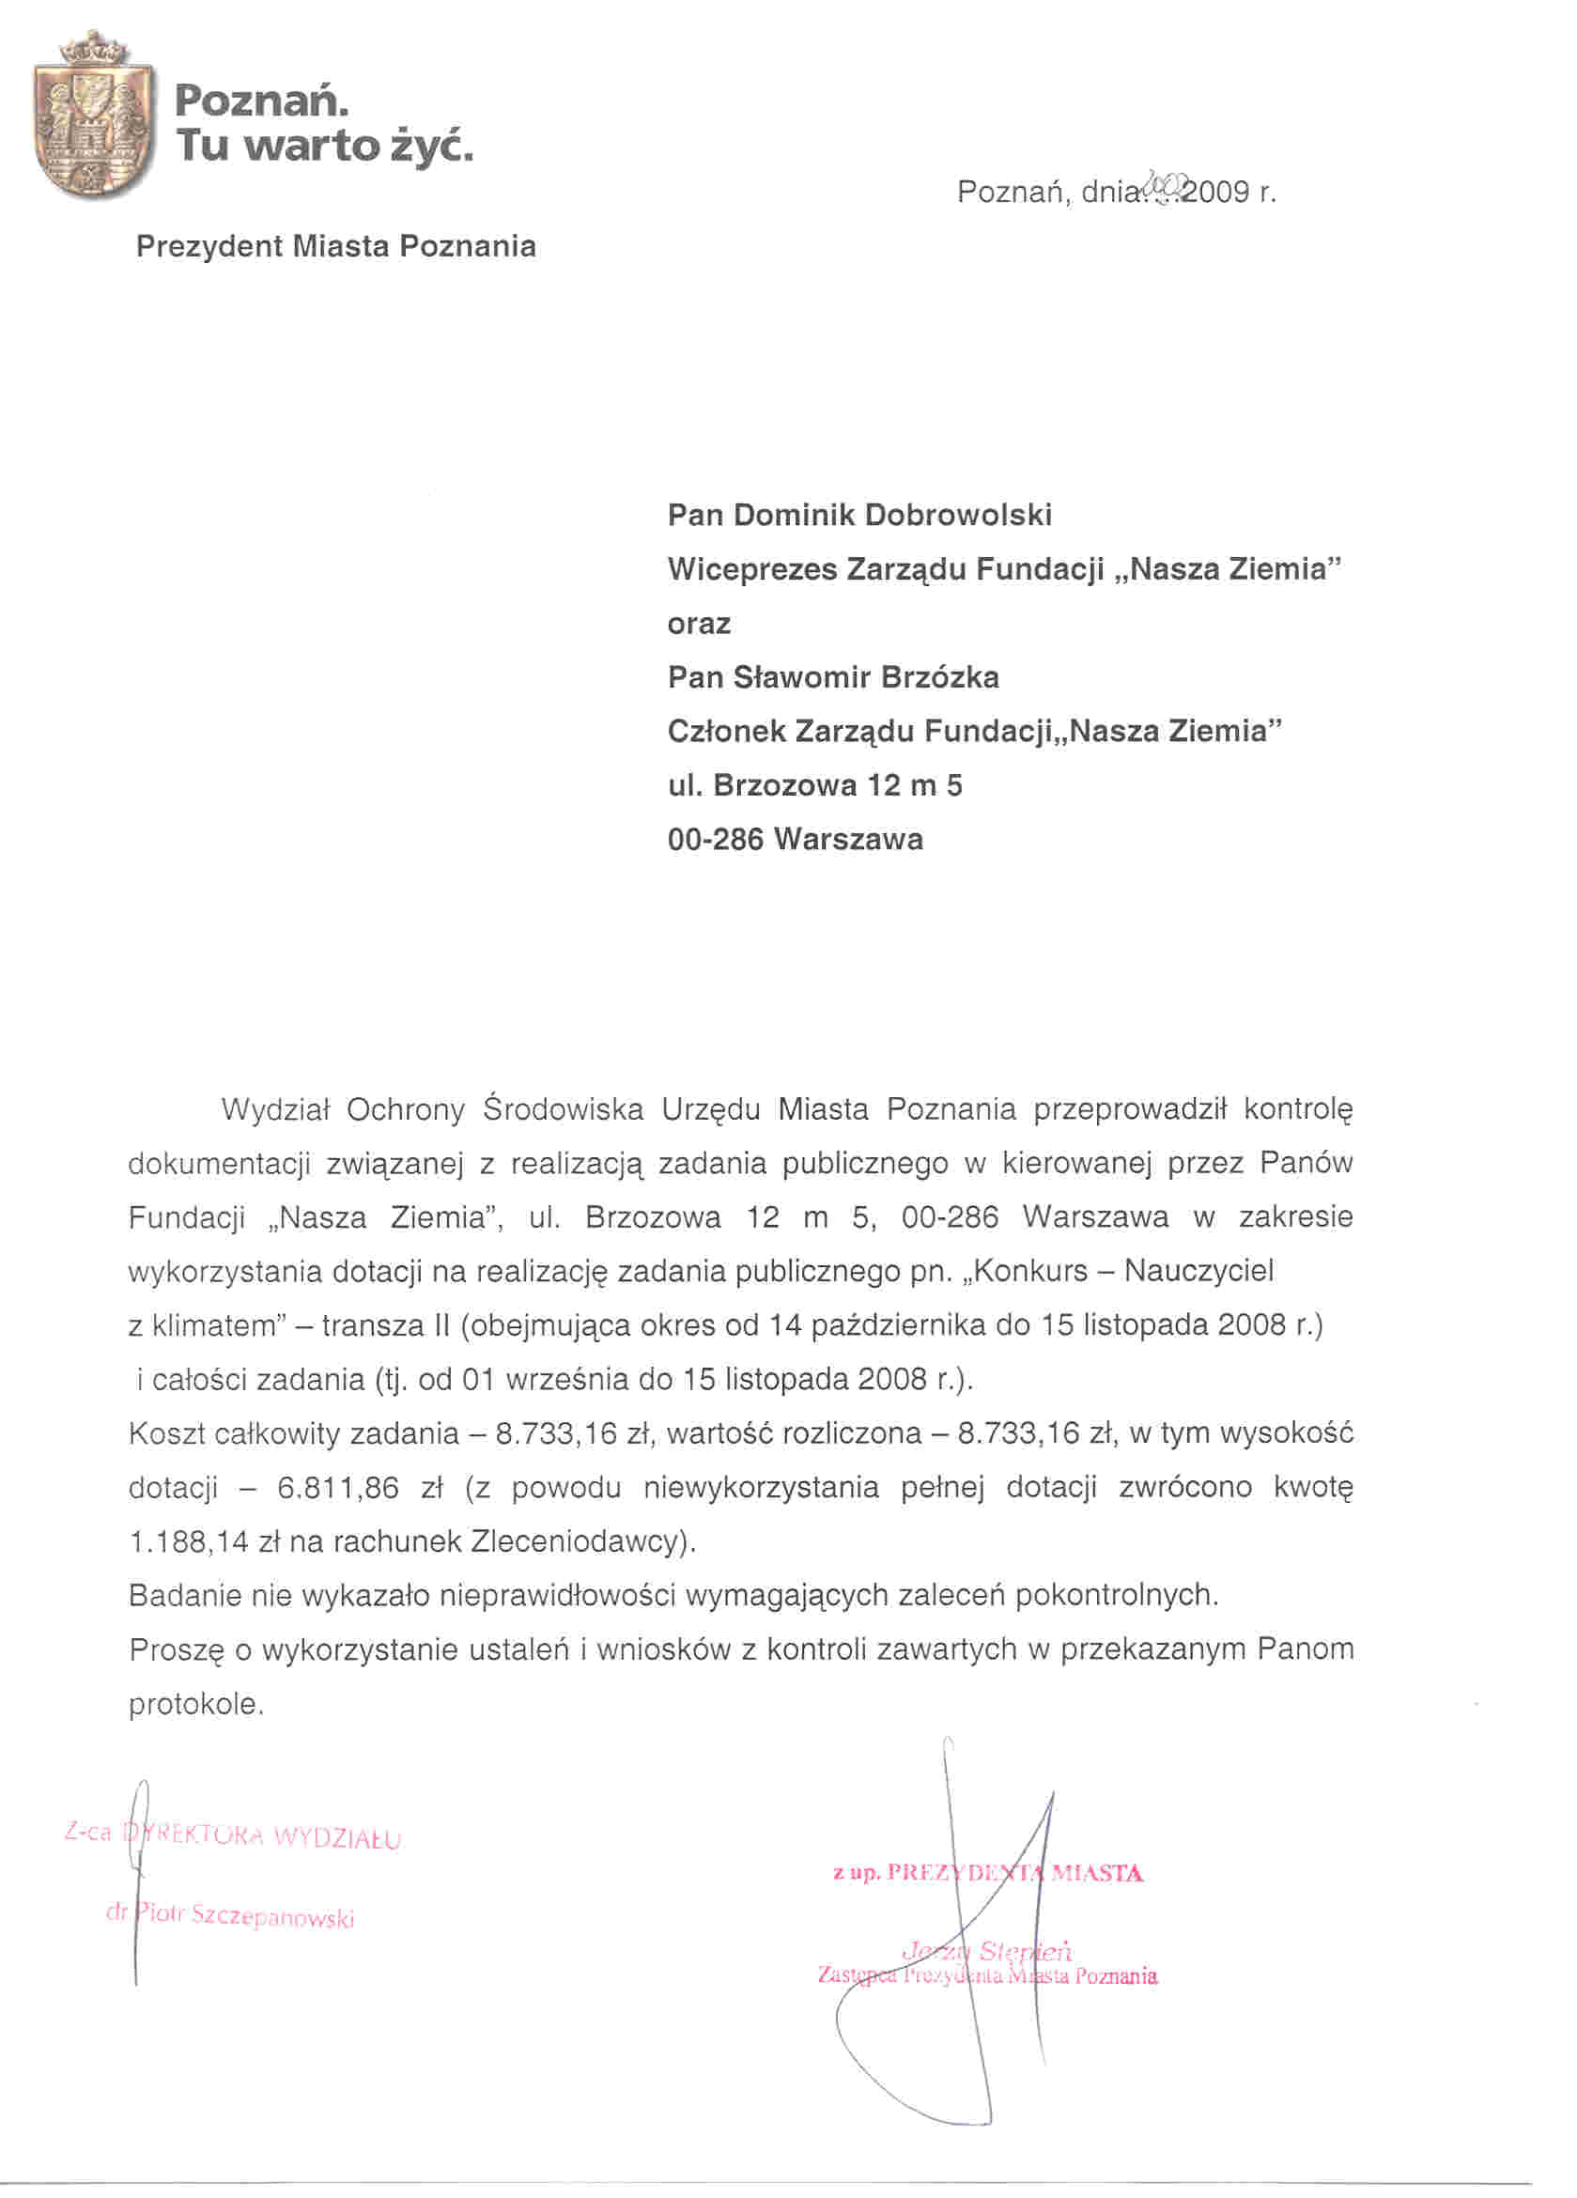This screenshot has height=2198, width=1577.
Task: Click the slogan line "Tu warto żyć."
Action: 324,147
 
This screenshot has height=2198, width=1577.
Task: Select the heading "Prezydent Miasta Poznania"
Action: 335,246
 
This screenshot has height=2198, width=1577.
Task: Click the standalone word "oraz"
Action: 699,623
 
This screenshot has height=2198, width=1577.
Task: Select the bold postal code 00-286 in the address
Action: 716,838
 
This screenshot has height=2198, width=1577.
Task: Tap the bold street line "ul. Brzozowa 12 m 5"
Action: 815,785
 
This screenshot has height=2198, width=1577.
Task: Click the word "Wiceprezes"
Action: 751,569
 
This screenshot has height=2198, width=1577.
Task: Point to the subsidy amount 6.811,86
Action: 337,1488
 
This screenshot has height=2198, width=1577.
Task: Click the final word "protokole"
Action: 194,1704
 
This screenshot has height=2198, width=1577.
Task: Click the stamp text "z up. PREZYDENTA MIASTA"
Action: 988,1872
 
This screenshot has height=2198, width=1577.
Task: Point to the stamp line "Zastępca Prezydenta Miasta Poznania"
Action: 988,1976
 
